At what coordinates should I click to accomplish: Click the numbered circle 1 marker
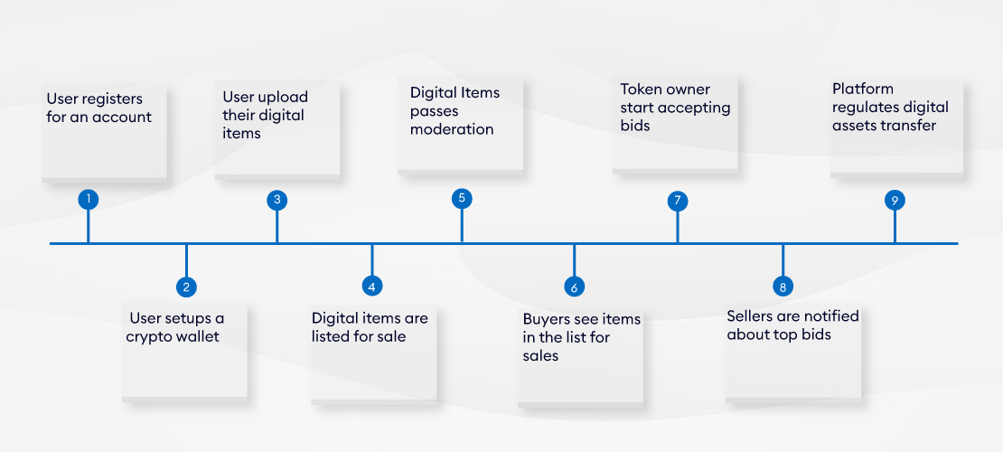(89, 199)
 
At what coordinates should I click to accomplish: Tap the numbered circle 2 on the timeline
(186, 287)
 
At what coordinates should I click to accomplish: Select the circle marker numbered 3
(277, 199)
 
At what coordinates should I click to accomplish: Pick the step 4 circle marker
(371, 287)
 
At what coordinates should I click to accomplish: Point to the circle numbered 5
(462, 198)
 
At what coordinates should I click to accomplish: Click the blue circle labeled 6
(575, 287)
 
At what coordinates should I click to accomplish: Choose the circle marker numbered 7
(678, 201)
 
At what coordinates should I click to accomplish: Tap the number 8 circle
(783, 287)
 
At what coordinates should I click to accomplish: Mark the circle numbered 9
(895, 201)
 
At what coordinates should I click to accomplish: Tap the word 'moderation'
(452, 128)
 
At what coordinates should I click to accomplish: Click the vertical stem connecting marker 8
(783, 260)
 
